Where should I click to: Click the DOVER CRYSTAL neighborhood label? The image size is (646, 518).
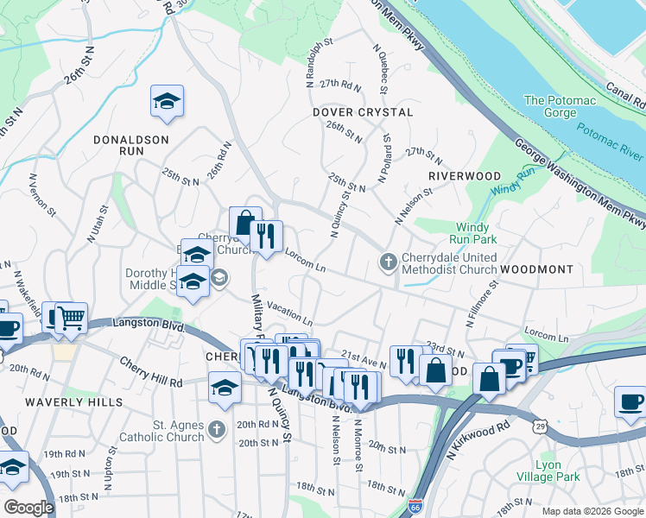[362, 113]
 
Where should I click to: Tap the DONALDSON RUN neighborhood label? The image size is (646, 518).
[131, 143]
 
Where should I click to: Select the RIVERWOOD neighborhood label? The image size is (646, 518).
[465, 176]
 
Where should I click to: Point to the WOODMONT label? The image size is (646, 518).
[536, 270]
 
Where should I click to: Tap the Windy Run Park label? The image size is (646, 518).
[472, 233]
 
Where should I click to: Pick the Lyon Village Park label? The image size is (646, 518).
[557, 471]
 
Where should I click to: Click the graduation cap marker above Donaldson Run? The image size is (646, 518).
[166, 100]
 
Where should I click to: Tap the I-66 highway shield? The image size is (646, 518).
[415, 505]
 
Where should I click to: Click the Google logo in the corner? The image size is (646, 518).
[29, 507]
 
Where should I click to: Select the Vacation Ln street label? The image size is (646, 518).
[289, 310]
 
